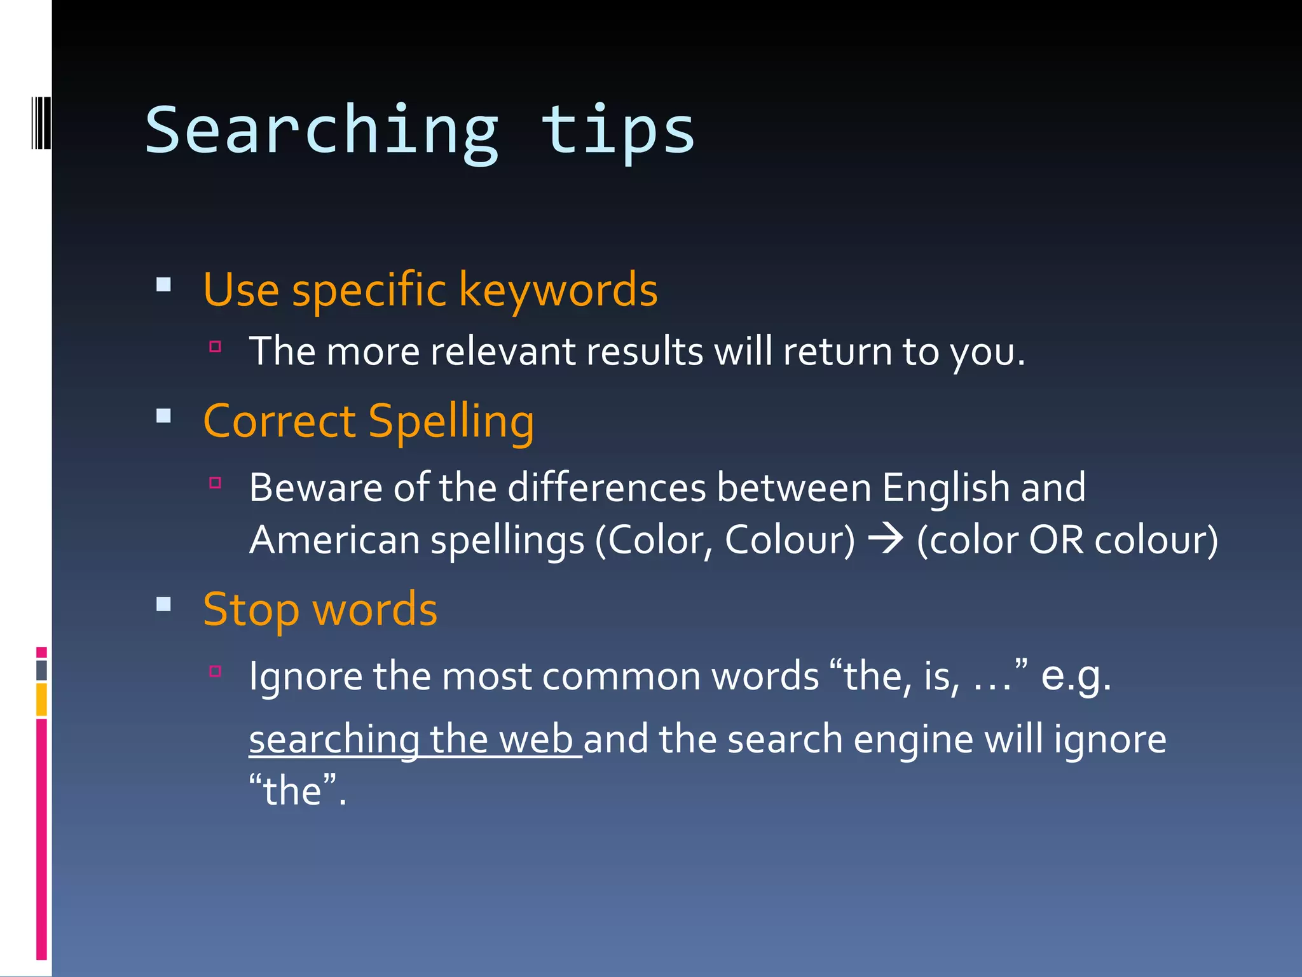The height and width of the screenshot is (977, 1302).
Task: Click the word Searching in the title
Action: click(322, 132)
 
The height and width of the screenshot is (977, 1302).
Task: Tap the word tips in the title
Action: click(617, 132)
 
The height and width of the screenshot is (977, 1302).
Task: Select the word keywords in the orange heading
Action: click(558, 290)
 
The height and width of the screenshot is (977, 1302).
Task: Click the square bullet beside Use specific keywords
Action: click(164, 284)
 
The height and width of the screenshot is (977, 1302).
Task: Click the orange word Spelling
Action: click(451, 422)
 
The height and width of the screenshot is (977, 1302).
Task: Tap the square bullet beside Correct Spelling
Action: click(164, 416)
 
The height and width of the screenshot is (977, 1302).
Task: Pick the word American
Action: click(334, 540)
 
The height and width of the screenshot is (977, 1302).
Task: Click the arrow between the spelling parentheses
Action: click(886, 539)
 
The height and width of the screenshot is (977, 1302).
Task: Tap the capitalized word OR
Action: click(1056, 540)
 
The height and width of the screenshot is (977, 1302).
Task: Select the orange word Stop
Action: click(251, 610)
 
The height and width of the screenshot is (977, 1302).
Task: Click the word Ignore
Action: click(305, 676)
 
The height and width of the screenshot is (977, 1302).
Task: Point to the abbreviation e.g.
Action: click(1076, 676)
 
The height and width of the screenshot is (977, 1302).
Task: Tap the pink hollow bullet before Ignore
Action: click(216, 670)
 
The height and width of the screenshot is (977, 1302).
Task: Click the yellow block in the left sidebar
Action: click(41, 699)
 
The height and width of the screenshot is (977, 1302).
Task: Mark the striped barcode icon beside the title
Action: click(41, 122)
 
